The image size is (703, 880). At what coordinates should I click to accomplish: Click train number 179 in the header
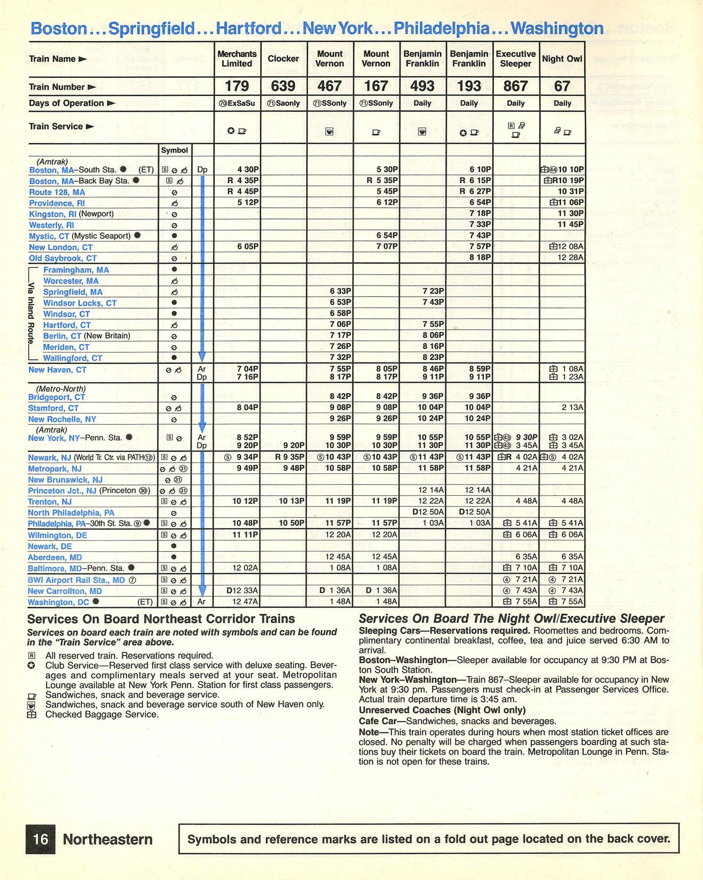[x=237, y=86]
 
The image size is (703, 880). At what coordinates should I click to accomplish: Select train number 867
[x=515, y=86]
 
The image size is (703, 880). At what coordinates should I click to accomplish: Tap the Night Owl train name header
[x=562, y=59]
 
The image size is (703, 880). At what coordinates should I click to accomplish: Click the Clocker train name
[x=283, y=59]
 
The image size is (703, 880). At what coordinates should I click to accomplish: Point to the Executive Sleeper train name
[x=515, y=59]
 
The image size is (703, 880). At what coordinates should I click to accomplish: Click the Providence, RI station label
[x=57, y=203]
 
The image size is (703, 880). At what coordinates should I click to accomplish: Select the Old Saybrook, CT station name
[x=62, y=258]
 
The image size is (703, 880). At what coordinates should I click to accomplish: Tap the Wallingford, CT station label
[x=73, y=358]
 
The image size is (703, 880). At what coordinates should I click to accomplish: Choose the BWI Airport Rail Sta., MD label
[x=76, y=580]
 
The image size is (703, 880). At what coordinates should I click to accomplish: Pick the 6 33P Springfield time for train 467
[x=340, y=291]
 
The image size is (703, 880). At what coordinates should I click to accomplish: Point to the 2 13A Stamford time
[x=572, y=408]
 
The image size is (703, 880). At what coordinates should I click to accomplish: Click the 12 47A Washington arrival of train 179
[x=245, y=601]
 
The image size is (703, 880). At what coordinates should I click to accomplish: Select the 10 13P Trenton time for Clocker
[x=292, y=501]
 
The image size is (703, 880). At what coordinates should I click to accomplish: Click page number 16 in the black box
[x=41, y=839]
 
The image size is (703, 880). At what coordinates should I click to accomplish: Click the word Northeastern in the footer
[x=108, y=839]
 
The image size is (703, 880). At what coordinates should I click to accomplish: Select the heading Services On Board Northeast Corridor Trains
[x=161, y=619]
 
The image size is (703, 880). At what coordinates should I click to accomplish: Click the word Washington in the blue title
[x=557, y=28]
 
